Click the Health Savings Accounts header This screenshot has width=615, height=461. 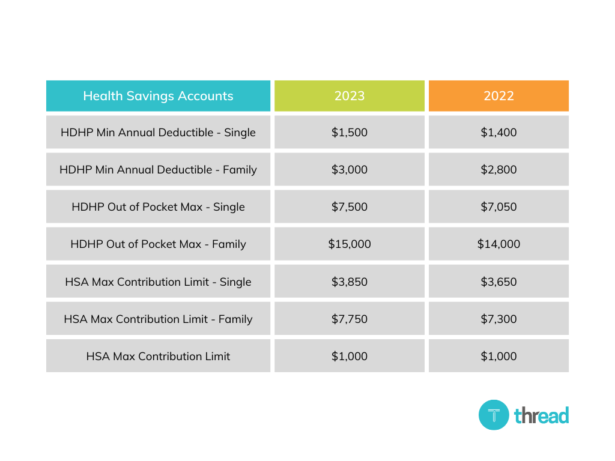[x=158, y=96]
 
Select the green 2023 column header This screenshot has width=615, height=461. [x=350, y=96]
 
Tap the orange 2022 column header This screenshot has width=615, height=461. [x=498, y=96]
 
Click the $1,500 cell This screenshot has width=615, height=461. [x=350, y=132]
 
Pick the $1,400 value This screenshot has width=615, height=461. [x=498, y=132]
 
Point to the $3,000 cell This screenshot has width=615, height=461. [x=350, y=169]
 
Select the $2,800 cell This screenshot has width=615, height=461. [x=498, y=169]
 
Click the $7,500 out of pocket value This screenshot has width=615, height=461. [x=350, y=206]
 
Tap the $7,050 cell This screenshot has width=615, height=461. [x=498, y=206]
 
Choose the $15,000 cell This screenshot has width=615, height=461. [x=350, y=244]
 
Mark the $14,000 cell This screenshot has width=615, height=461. [x=498, y=244]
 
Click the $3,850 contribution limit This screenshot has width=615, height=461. [x=350, y=282]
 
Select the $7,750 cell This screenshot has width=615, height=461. [x=350, y=319]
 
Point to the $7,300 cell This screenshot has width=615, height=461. [x=498, y=319]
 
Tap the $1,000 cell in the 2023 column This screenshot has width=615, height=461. [x=350, y=356]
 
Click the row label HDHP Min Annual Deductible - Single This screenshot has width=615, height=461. [x=158, y=132]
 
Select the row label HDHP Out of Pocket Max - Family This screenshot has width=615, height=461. [x=158, y=244]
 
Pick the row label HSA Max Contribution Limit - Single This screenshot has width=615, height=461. [x=158, y=282]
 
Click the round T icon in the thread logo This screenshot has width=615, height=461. [x=494, y=415]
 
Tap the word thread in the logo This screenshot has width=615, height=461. [x=541, y=415]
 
